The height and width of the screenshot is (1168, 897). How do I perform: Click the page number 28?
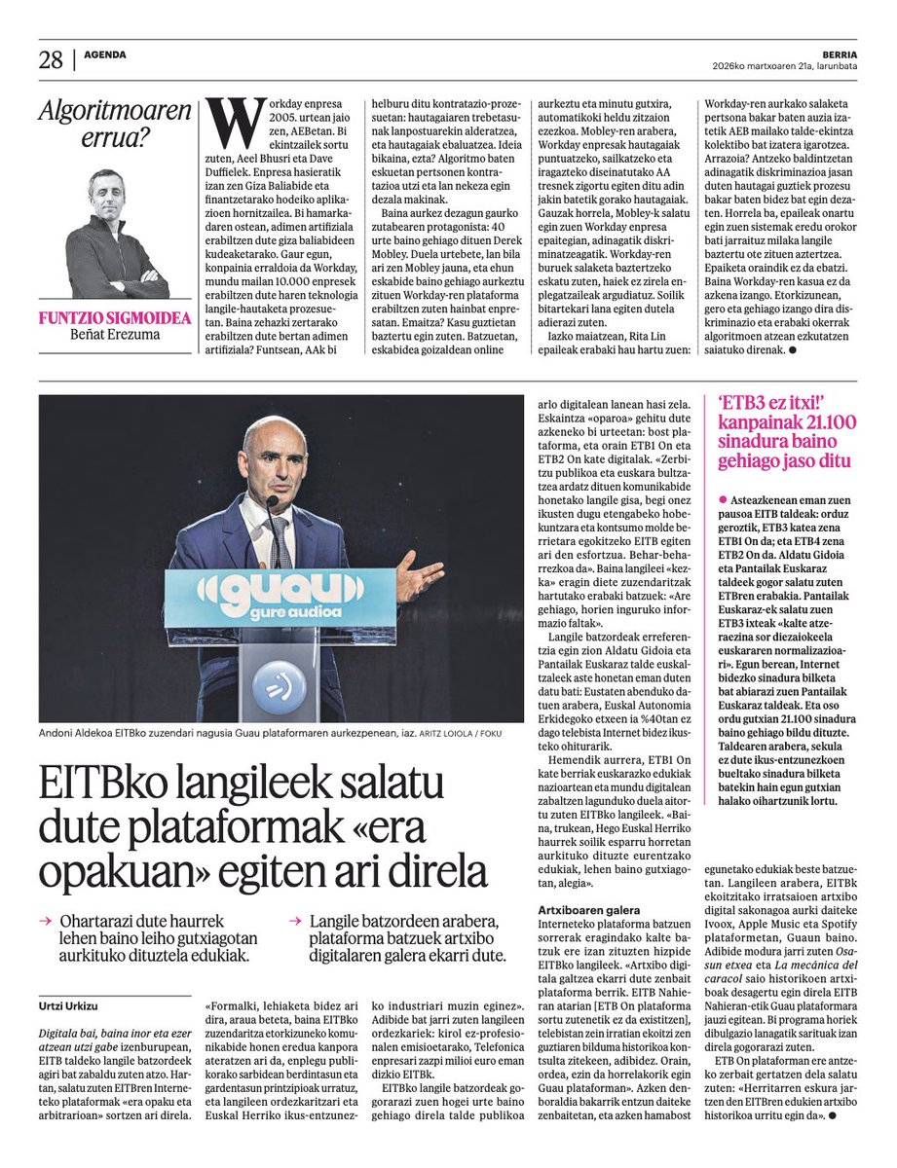click(x=51, y=59)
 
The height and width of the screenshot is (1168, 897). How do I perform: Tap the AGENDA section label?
click(x=105, y=55)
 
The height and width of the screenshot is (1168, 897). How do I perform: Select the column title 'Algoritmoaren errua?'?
click(x=114, y=126)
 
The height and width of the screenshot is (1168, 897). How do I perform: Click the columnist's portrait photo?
click(x=116, y=234)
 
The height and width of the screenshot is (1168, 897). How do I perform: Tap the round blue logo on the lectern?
click(x=280, y=687)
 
